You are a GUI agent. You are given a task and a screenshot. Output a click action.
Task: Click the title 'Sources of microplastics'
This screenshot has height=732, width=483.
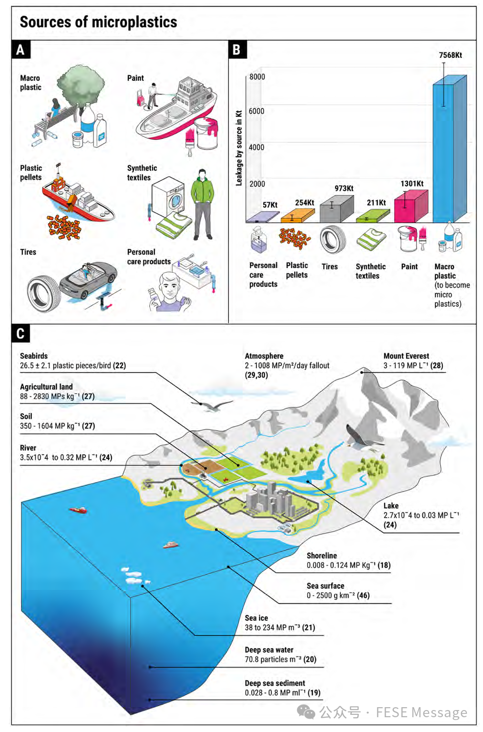(x=98, y=22)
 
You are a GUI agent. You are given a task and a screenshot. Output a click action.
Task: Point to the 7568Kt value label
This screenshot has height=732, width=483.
(x=450, y=55)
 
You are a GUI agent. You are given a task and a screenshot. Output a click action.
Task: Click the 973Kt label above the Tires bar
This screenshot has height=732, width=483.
(x=343, y=189)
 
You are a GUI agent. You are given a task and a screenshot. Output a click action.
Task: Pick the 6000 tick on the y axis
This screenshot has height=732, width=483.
(x=257, y=111)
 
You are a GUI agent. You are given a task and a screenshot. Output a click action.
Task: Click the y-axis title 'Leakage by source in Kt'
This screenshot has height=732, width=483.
(x=239, y=148)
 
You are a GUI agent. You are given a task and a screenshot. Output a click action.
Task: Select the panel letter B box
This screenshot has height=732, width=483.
(x=237, y=50)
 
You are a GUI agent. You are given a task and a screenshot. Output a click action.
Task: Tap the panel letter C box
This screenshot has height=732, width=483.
(x=20, y=333)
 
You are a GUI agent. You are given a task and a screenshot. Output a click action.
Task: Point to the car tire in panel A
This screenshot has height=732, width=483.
(x=44, y=293)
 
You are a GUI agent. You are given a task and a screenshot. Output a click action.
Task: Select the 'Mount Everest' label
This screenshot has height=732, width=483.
(x=406, y=356)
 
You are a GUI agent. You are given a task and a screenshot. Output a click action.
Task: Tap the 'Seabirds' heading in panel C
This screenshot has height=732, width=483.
(x=34, y=356)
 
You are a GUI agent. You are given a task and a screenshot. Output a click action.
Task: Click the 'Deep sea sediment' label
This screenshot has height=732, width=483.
(x=275, y=683)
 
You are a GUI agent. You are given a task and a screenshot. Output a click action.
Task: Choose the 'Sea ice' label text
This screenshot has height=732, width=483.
(x=256, y=618)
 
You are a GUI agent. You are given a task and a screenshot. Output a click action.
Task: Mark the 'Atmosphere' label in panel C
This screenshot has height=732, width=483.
(x=264, y=356)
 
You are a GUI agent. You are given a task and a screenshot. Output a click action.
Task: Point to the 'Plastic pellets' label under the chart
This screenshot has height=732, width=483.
(x=297, y=270)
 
